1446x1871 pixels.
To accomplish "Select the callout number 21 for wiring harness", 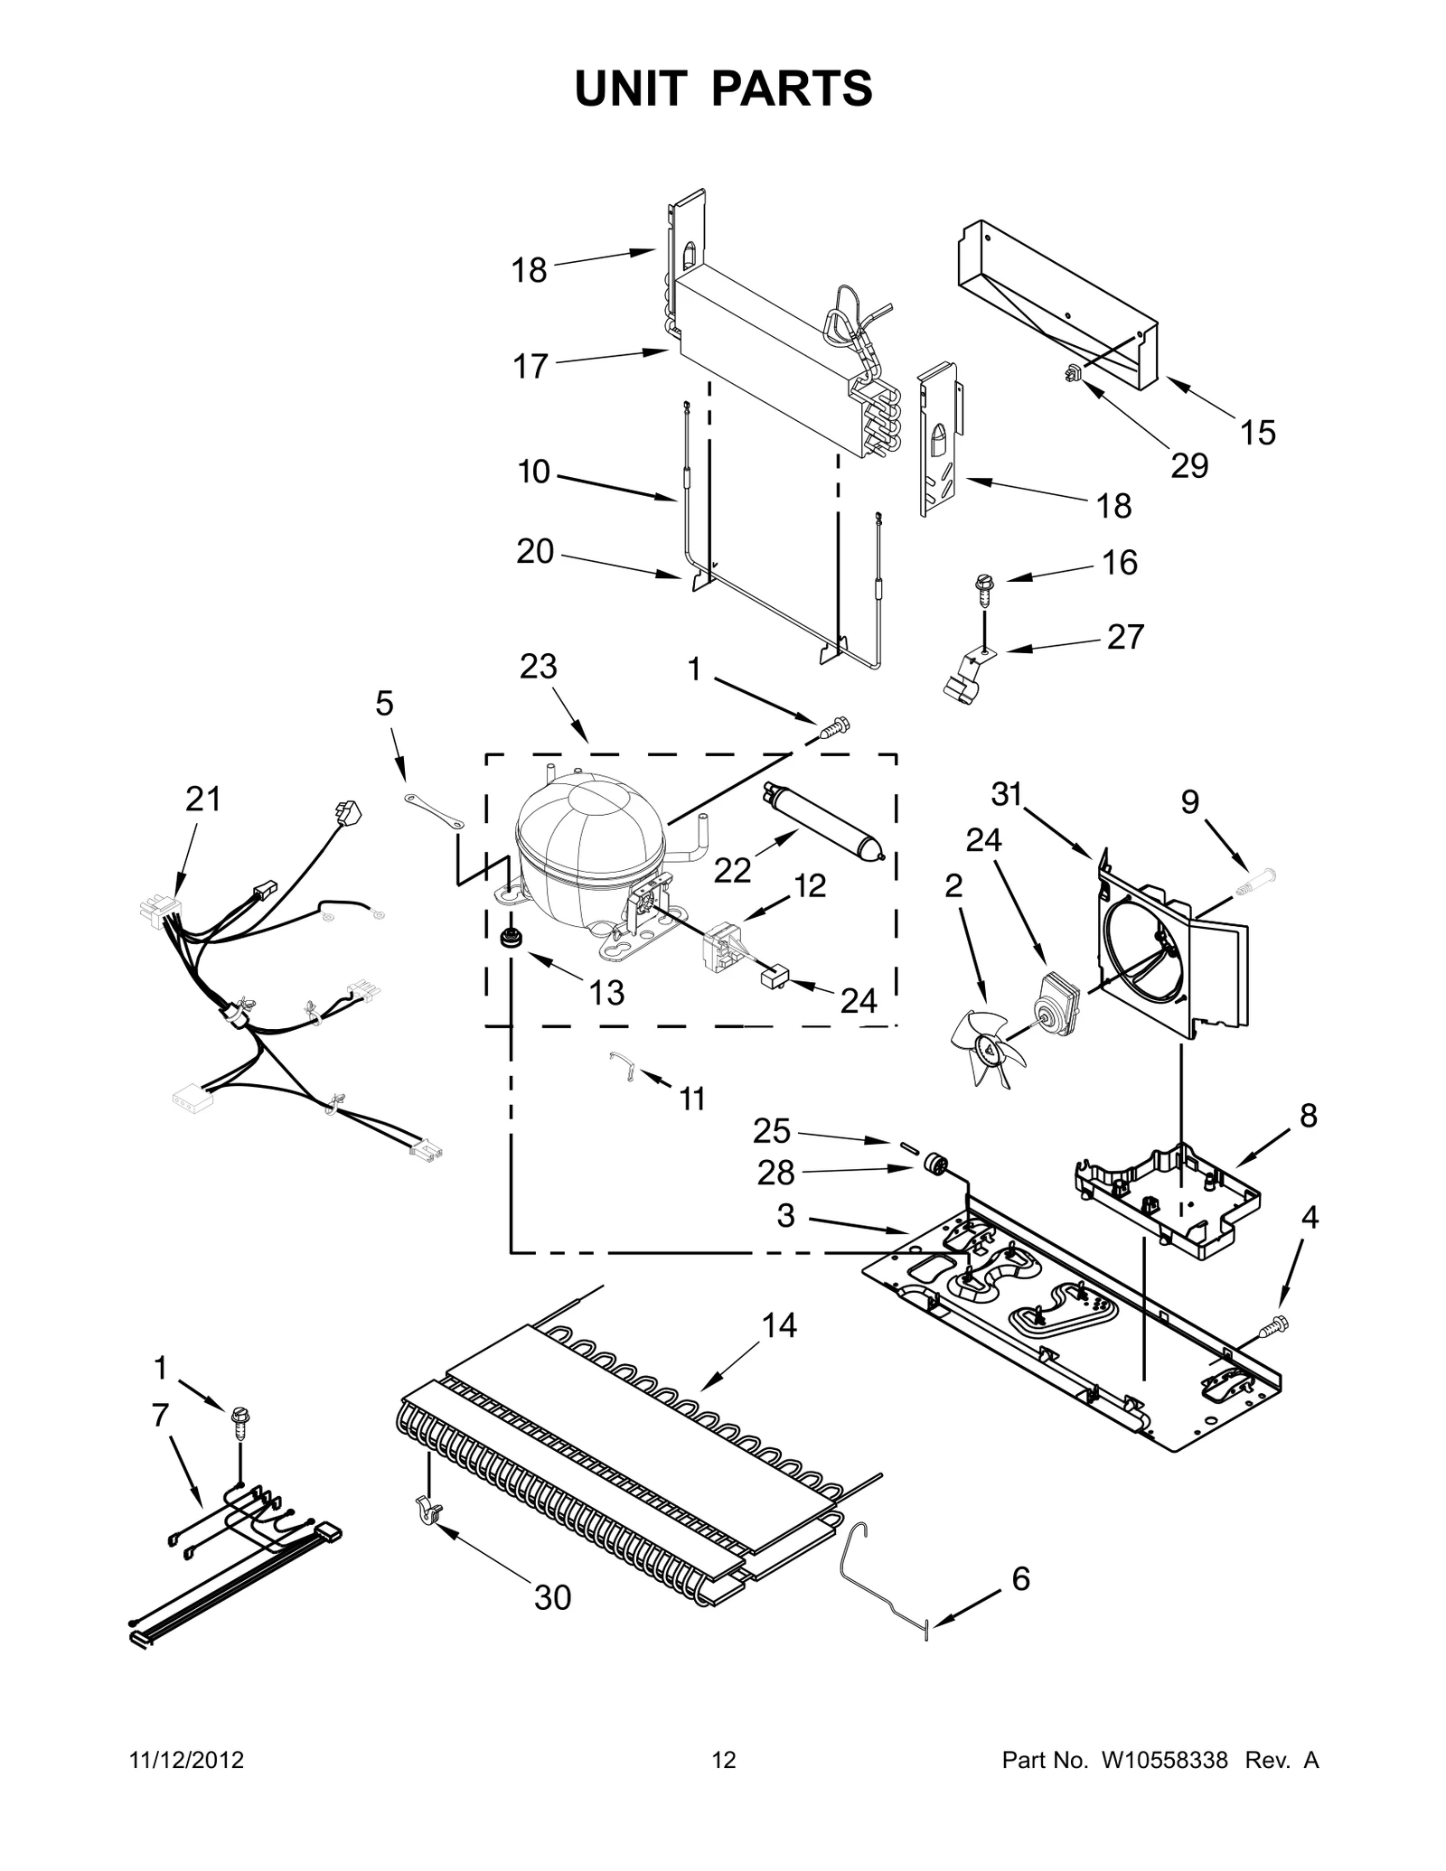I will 202,800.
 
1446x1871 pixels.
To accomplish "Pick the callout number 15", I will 1257,433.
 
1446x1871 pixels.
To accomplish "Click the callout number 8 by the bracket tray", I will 1308,1117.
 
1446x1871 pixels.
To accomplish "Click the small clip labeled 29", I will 1074,370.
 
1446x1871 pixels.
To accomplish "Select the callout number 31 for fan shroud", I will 1006,794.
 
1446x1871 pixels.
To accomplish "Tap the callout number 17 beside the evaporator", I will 531,366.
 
